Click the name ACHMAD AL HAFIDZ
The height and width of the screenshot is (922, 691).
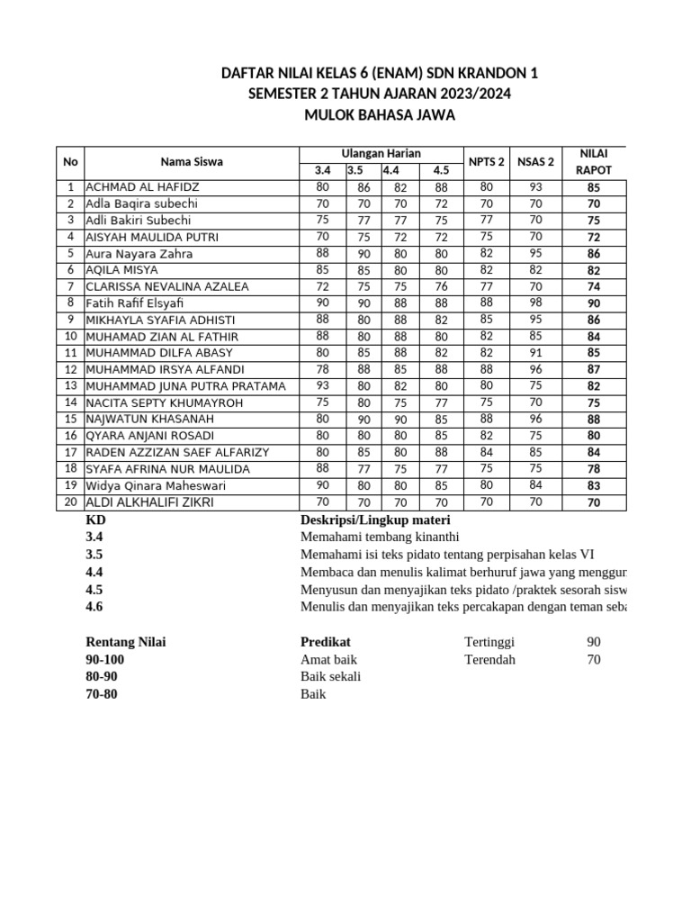tap(142, 187)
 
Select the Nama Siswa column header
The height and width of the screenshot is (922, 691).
tap(192, 162)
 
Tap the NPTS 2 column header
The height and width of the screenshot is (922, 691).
tap(486, 162)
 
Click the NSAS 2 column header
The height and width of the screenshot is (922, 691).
tap(535, 162)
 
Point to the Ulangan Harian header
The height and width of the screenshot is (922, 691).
tap(381, 154)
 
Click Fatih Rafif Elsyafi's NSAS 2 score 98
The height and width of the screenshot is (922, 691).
tap(535, 303)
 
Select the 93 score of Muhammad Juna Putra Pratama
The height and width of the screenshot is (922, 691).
tap(322, 386)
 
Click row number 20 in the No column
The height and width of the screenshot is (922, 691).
tap(70, 502)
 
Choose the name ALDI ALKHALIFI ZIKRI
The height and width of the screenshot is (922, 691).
tap(149, 502)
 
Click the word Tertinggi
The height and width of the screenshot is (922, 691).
tap(490, 642)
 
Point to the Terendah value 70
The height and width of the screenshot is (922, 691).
tap(594, 659)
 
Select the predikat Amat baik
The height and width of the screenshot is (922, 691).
tap(328, 659)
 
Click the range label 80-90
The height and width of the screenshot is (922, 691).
tap(101, 676)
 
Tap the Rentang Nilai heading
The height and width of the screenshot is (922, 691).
tap(125, 642)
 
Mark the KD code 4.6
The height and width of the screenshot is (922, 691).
tap(94, 606)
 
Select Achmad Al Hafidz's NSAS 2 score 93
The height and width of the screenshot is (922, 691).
tap(535, 187)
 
